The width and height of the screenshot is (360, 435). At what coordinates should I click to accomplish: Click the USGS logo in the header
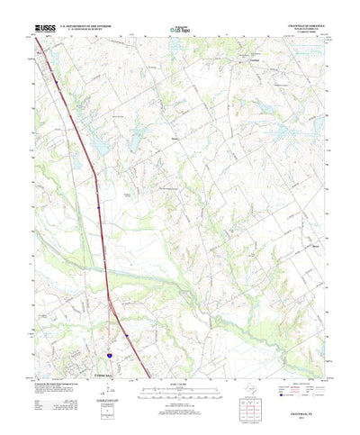44,30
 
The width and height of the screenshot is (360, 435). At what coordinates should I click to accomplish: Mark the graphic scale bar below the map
179,369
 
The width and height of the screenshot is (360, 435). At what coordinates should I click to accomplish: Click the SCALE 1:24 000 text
179,362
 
